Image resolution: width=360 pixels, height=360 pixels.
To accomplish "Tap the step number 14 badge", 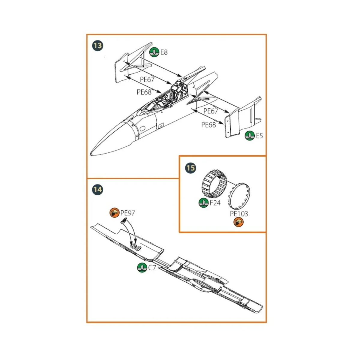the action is click(97, 190).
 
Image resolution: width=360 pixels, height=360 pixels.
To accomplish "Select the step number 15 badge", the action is click(191, 168).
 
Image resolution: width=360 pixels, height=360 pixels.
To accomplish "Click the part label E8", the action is click(164, 52).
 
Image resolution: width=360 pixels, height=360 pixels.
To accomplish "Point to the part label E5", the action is click(259, 136).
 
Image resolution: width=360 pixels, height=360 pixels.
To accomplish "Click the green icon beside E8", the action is click(154, 52).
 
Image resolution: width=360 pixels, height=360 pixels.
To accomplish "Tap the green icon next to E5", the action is click(250, 136).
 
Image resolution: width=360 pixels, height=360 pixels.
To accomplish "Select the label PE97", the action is click(127, 213).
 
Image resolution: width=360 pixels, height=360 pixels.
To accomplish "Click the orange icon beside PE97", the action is click(114, 213).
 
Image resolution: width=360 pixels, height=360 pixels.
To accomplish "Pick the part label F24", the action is click(215, 203).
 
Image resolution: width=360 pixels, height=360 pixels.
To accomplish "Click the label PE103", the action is click(239, 214).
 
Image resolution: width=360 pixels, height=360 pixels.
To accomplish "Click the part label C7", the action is click(152, 268).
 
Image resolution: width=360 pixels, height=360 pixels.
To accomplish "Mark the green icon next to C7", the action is click(142, 268).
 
